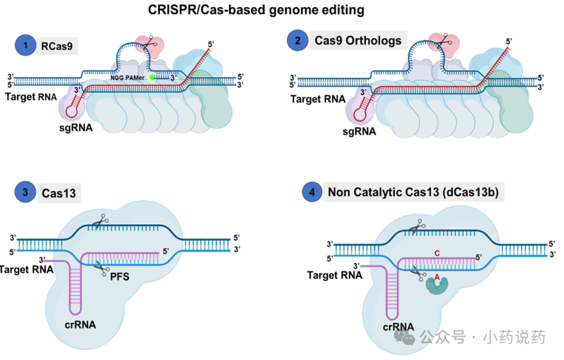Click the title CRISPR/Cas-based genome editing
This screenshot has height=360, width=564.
[282, 10]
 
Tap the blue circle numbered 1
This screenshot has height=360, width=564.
[26, 46]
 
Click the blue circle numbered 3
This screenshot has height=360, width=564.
[26, 191]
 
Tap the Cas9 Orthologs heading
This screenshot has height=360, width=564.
[358, 40]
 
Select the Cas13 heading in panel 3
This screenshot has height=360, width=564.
[59, 192]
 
